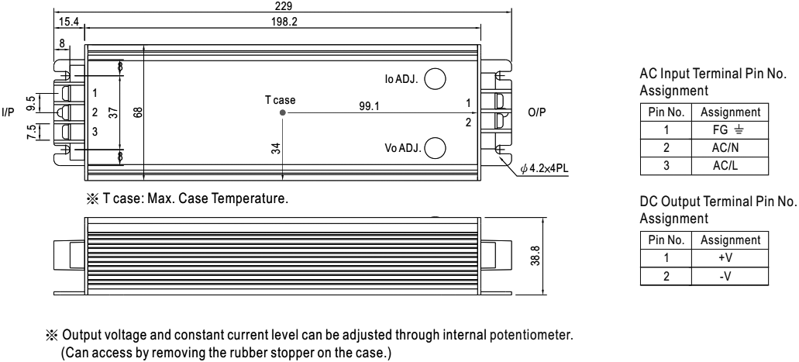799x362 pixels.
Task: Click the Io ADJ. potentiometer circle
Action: pyautogui.click(x=436, y=78)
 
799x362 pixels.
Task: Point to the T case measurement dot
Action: pyautogui.click(x=283, y=112)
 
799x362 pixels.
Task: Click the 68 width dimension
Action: pyautogui.click(x=138, y=112)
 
